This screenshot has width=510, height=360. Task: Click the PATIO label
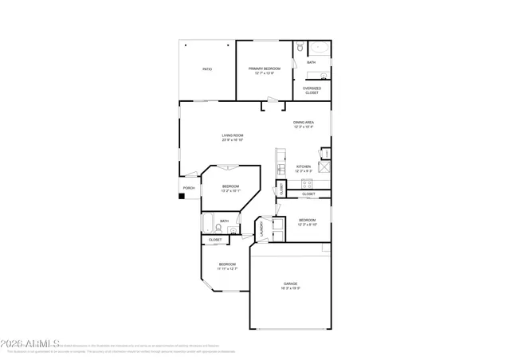pos(206,69)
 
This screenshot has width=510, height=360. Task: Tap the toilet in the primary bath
pos(298,49)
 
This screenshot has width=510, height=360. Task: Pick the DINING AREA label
pos(304,123)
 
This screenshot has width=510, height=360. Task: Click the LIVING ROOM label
pos(233,135)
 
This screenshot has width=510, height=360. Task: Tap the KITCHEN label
pos(304,166)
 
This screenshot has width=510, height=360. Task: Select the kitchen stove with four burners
pos(324,167)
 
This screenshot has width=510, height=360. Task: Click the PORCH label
pos(189,188)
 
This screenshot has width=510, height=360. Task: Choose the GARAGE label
pos(291,284)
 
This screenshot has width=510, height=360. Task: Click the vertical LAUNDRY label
pos(261,229)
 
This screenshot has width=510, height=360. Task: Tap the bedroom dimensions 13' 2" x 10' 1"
pos(230,190)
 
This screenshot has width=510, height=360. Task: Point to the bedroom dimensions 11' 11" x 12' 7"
pos(227,268)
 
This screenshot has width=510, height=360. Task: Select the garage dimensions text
pos(291,288)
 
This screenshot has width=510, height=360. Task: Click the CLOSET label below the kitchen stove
pos(308,194)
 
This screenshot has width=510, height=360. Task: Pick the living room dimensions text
pos(233,140)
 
